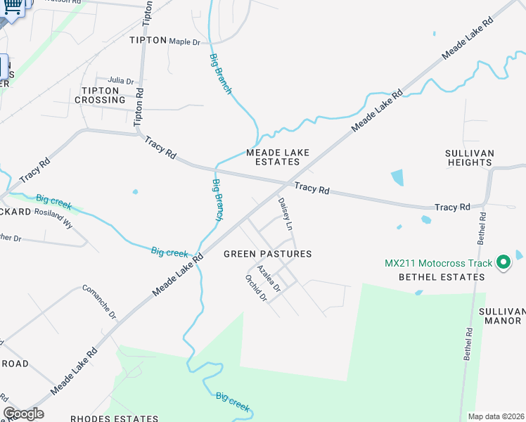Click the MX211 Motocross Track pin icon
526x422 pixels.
point(503,263)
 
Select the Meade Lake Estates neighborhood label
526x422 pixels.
point(273,157)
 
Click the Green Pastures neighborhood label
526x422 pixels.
point(267,254)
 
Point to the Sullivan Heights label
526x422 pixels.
point(470,158)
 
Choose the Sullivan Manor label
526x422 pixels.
point(501,316)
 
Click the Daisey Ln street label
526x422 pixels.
point(285,214)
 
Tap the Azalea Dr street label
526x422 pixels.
point(269,279)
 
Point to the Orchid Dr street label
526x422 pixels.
point(256,287)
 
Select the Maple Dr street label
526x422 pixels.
point(184,41)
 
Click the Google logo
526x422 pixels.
point(23,414)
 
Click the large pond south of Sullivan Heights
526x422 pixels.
point(397,177)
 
